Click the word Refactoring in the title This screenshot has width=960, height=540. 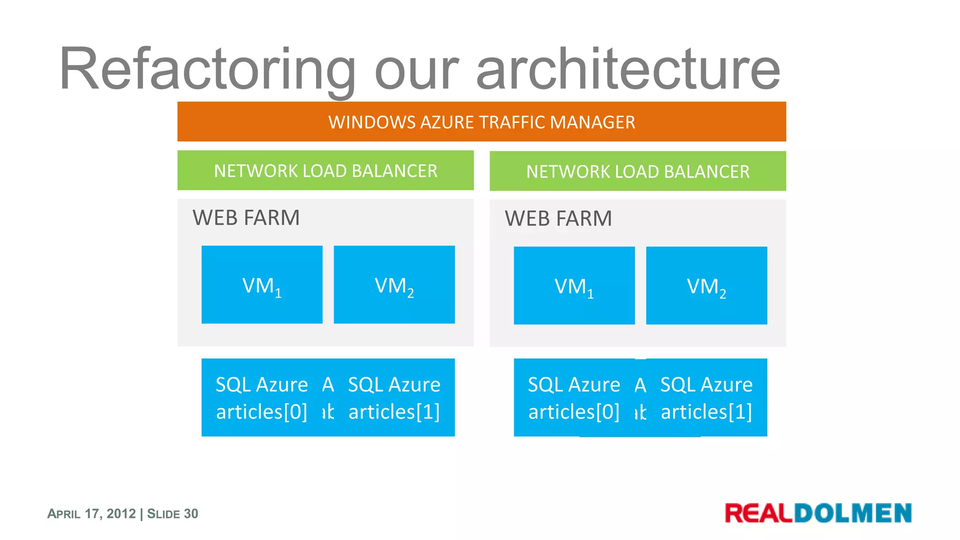click(x=206, y=69)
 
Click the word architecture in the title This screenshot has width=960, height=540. click(x=628, y=69)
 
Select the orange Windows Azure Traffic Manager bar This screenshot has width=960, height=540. click(x=481, y=122)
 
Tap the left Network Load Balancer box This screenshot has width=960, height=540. click(x=325, y=171)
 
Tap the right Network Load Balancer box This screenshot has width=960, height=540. click(x=637, y=172)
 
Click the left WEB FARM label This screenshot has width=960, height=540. click(x=246, y=218)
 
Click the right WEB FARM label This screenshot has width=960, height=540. click(x=558, y=219)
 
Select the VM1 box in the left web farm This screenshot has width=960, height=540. click(x=262, y=285)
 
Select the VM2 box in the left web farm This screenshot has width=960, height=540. click(x=394, y=285)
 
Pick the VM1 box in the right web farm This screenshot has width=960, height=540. click(x=574, y=285)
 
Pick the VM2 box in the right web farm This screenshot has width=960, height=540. click(x=706, y=285)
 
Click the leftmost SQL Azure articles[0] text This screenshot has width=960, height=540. click(x=262, y=398)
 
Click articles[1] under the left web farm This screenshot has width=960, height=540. click(x=394, y=412)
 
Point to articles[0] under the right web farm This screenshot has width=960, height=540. click(x=574, y=412)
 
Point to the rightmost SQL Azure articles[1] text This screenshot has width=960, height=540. click(x=706, y=398)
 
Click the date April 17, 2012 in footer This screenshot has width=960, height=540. click(x=91, y=514)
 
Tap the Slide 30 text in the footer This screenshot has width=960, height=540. click(x=172, y=514)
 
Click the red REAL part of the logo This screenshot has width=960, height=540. click(x=758, y=513)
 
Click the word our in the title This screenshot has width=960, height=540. click(x=416, y=69)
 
